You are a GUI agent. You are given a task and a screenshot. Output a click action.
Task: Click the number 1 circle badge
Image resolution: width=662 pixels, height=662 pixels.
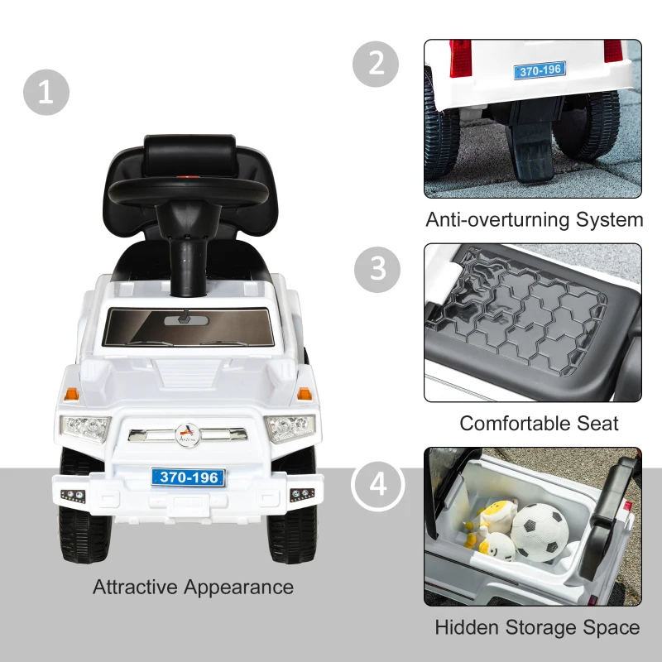[46, 92]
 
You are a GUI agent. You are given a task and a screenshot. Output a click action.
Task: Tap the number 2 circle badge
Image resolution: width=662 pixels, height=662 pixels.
[377, 63]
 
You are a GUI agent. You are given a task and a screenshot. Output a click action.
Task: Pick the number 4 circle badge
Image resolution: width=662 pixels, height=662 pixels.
[377, 483]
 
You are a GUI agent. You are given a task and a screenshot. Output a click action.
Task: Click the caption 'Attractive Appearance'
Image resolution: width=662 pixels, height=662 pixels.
[193, 588]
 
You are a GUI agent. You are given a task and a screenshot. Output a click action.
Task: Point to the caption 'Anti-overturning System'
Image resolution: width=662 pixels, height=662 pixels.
[534, 220]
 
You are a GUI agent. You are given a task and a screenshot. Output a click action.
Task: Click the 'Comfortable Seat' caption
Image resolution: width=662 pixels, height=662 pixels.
[539, 423]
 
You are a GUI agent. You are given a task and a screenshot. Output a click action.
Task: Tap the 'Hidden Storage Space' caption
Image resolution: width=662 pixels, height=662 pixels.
[537, 628]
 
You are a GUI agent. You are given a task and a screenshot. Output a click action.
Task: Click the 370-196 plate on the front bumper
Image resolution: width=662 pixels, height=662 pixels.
[188, 477]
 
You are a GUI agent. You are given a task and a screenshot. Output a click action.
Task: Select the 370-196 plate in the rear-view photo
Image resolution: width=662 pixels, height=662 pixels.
[540, 70]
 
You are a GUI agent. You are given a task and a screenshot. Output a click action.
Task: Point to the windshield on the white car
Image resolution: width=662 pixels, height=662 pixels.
[188, 327]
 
